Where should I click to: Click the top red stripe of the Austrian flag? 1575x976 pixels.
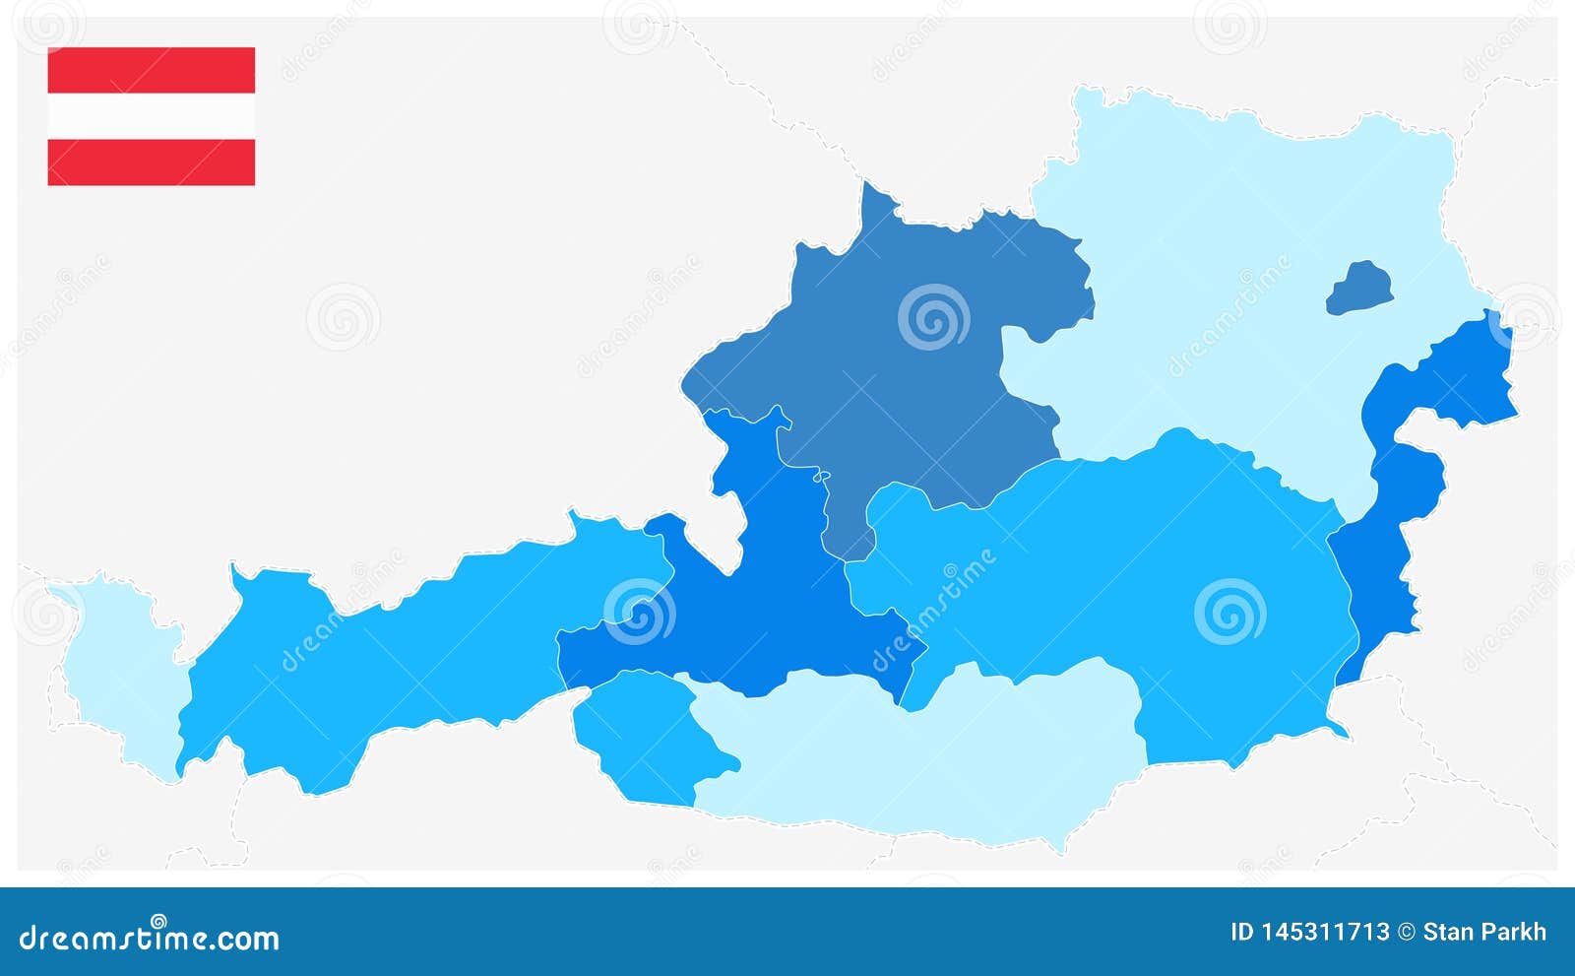[151, 70]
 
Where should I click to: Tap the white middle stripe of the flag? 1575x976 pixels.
[151, 116]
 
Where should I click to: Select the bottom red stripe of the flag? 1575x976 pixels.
[151, 162]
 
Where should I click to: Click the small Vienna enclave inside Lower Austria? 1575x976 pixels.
[1359, 289]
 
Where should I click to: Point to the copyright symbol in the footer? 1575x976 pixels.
[1407, 932]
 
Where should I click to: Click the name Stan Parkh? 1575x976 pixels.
[1484, 932]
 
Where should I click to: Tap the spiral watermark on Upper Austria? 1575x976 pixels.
[933, 317]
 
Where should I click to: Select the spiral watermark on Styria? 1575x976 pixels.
[1229, 612]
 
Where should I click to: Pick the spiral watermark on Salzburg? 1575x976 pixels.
[639, 612]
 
